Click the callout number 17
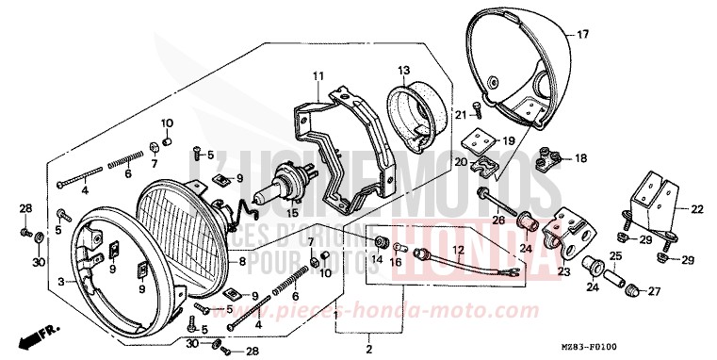click(x=582, y=35)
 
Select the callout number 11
click(x=318, y=75)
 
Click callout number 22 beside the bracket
click(x=697, y=209)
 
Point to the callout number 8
click(x=241, y=261)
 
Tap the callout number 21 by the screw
click(x=462, y=115)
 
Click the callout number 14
click(x=381, y=257)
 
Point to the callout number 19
click(x=507, y=140)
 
